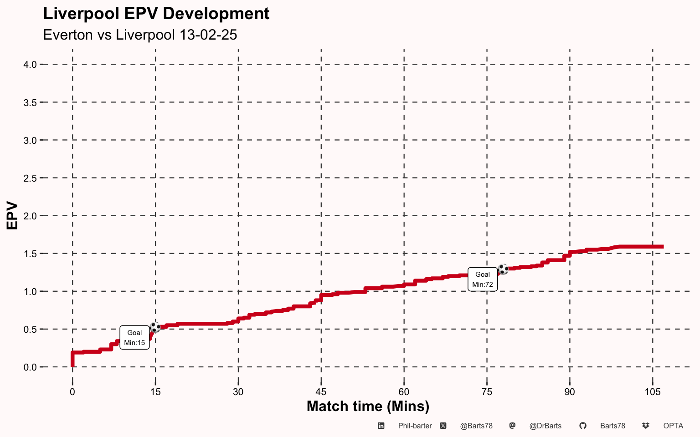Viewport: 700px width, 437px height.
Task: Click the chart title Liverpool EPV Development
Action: pos(156,14)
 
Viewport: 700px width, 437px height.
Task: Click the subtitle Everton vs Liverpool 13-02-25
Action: pos(140,35)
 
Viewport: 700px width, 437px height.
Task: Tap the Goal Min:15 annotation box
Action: pos(134,337)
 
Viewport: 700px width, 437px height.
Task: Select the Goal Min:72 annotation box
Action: pos(483,279)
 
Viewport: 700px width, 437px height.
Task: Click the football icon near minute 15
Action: pos(155,327)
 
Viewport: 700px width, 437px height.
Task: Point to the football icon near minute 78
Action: pos(503,269)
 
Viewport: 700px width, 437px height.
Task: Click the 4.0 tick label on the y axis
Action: pos(30,65)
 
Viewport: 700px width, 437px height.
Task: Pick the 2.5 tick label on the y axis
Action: pos(30,178)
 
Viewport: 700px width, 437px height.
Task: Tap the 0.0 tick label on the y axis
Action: pos(30,367)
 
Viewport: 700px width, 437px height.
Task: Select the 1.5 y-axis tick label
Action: pos(30,254)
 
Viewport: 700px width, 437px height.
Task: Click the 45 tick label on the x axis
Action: pos(321,392)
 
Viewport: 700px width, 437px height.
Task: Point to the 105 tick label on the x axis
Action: pos(653,392)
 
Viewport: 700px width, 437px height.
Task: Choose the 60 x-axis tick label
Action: pos(404,392)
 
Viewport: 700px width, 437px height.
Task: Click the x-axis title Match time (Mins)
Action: pos(368,407)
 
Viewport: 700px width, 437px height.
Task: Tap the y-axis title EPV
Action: pos(12,216)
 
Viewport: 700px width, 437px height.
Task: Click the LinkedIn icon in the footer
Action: pos(381,426)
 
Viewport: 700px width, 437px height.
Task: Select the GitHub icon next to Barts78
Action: pos(583,426)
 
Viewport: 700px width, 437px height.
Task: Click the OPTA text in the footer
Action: pos(673,426)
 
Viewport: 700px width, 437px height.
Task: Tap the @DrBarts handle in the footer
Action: pos(546,426)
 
